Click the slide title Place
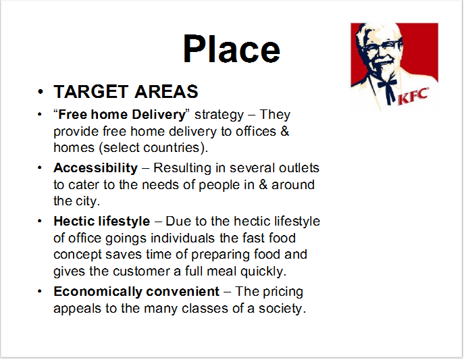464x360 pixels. (232, 49)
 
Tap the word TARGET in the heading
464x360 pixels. (91, 91)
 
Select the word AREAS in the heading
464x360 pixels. (166, 91)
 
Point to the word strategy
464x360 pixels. (219, 115)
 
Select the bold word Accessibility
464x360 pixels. (96, 168)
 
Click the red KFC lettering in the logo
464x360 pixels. (413, 96)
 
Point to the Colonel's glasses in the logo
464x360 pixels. (382, 47)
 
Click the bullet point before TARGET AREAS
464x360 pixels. (41, 91)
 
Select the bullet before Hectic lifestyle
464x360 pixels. (40, 221)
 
